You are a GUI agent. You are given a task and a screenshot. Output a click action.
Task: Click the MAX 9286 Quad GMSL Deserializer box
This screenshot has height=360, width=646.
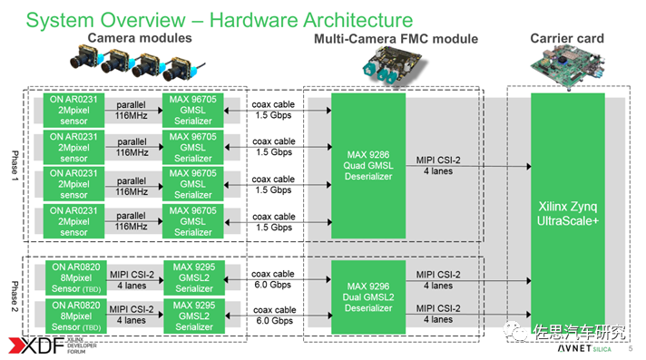[368, 166]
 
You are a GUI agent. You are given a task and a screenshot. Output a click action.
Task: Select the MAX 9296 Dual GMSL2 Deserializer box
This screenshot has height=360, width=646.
[368, 297]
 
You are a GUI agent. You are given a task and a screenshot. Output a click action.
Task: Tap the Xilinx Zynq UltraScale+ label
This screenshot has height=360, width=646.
[568, 213]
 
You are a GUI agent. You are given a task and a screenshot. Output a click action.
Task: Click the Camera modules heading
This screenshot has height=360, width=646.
[140, 38]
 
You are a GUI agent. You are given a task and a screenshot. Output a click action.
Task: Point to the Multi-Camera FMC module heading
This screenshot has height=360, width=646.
[396, 39]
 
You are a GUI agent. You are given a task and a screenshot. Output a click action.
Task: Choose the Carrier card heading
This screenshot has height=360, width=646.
[567, 38]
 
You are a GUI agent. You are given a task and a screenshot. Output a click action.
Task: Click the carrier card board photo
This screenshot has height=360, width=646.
[568, 66]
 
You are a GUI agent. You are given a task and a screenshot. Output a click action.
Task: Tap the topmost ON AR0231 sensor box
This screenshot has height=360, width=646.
[73, 110]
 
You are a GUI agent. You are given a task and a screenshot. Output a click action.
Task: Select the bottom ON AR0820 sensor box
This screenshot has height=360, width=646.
[76, 316]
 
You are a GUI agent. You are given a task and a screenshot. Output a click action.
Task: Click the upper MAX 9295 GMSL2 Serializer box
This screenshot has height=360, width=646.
[194, 277]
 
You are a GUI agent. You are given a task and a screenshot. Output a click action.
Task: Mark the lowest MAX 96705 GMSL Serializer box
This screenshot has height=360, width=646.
[193, 221]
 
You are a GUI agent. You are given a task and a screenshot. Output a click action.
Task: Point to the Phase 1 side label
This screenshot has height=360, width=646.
[15, 166]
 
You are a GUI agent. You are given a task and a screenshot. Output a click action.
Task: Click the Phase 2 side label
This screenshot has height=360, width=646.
[15, 297]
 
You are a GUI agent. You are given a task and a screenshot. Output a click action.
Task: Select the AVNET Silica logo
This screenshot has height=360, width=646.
[584, 348]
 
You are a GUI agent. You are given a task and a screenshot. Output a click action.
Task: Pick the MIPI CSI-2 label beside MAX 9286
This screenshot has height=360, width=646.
[438, 161]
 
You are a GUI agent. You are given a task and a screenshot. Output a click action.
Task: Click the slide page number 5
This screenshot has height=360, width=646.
[631, 348]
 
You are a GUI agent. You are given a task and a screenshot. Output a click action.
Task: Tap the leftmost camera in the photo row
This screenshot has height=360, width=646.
[85, 57]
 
